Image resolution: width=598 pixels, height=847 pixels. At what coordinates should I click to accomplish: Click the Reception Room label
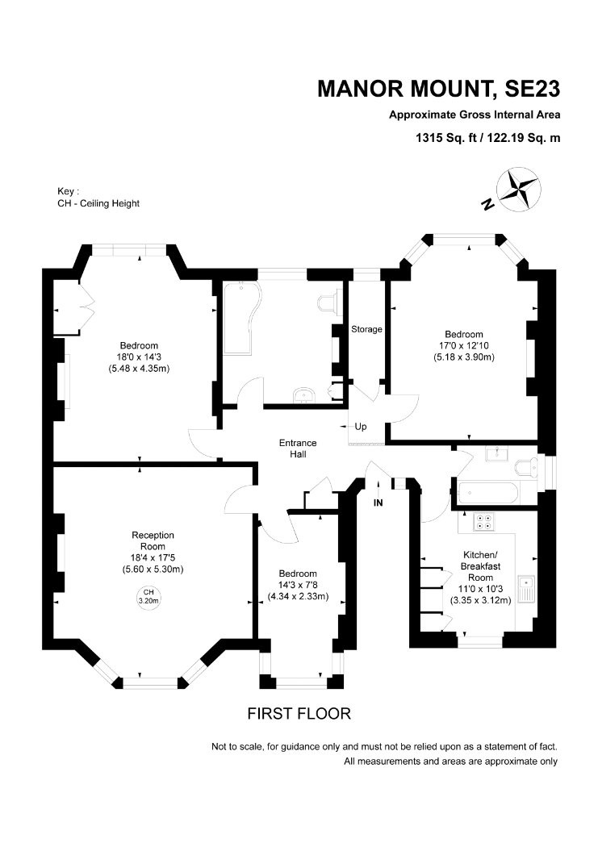[153, 540]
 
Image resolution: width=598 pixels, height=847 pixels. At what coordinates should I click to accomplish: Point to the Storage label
[366, 329]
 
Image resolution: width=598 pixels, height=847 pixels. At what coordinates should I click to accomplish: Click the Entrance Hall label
[298, 449]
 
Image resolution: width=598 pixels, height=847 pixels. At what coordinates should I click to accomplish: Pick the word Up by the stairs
[360, 426]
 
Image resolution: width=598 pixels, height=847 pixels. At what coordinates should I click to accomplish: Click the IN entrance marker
[378, 503]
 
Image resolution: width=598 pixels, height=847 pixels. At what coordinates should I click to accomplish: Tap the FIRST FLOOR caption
[299, 714]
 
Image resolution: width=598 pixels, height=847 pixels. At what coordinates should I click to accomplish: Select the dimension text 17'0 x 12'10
[463, 345]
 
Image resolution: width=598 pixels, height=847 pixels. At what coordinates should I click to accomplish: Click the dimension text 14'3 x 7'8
[299, 586]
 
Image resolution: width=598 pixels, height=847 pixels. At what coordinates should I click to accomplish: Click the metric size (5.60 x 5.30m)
[153, 569]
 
